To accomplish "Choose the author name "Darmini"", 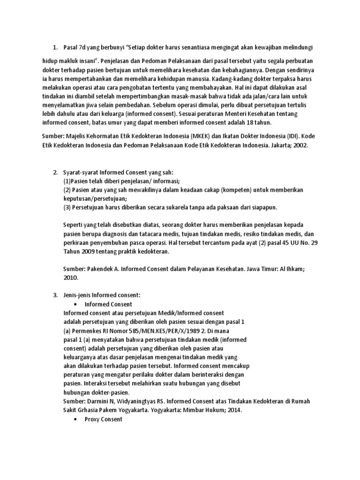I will (97, 402).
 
